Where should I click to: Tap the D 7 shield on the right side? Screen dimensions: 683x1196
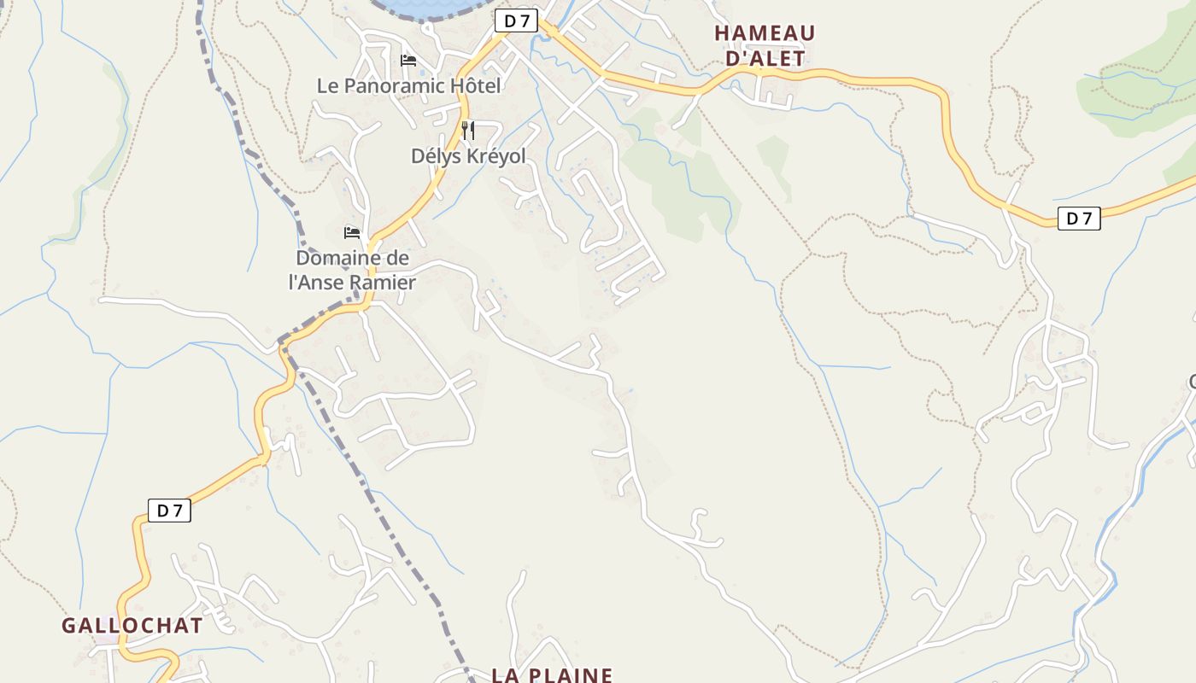[x=1079, y=219]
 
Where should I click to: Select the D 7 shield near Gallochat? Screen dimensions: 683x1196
[x=169, y=511]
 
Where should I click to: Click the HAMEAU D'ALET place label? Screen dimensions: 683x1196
[x=765, y=45]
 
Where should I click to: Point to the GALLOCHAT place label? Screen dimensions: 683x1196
[x=132, y=625]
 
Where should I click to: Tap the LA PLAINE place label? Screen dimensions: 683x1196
[x=552, y=674]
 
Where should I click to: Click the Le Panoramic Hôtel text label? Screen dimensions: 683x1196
[x=408, y=85]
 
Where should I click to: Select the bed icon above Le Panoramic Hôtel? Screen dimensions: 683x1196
[x=408, y=61]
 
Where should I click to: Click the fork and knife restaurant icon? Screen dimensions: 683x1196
[x=467, y=131]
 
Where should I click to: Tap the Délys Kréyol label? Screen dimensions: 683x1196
[x=468, y=156]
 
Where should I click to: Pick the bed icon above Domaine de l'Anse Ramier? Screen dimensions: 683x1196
[x=352, y=232]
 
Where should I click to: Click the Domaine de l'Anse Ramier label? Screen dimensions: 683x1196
[x=352, y=270]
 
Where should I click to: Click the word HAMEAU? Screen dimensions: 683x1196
[x=765, y=32]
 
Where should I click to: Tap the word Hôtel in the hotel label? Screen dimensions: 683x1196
[x=475, y=85]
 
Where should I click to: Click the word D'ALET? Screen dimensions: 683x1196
[x=765, y=58]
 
